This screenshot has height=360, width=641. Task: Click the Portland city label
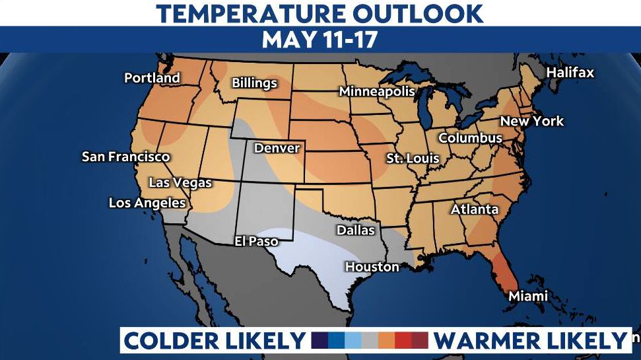pos(152,78)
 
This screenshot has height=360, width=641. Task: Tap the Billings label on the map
pos(254,83)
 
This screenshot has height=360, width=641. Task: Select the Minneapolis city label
pos(377,92)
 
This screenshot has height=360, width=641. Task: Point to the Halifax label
pos(570,73)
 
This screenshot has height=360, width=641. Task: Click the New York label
pos(532,121)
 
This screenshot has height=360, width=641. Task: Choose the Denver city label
pos(277,148)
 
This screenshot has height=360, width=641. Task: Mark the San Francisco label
pos(125,157)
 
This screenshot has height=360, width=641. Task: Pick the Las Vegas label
pos(180,183)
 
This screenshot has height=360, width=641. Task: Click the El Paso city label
pos(256,241)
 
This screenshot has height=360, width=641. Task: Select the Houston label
pos(372,267)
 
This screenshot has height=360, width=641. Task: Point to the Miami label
pos(528,297)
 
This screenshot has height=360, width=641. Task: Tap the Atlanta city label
pos(475,209)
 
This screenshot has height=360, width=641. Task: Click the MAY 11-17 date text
pos(320,40)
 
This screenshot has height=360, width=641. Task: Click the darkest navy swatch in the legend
pos(320,340)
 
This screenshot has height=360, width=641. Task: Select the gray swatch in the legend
pos(370,340)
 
